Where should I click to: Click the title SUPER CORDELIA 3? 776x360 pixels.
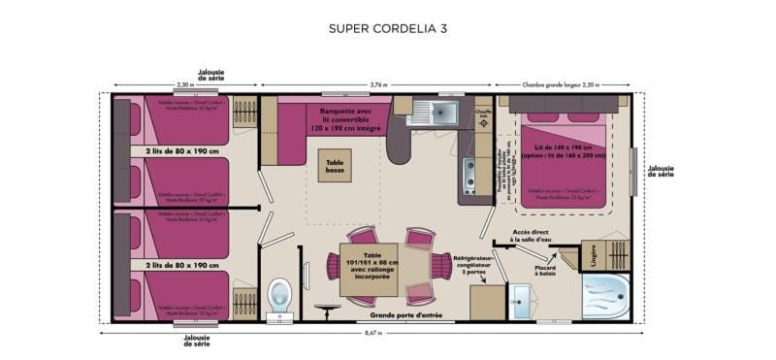pyautogui.click(x=387, y=28)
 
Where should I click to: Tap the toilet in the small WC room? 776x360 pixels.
pyautogui.click(x=279, y=293)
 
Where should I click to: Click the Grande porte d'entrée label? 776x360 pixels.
pyautogui.click(x=407, y=314)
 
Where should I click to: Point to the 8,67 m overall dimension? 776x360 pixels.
pyautogui.click(x=372, y=333)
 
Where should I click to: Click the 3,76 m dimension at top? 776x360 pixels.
pyautogui.click(x=376, y=84)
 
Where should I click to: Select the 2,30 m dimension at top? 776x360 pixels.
pyautogui.click(x=184, y=84)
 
